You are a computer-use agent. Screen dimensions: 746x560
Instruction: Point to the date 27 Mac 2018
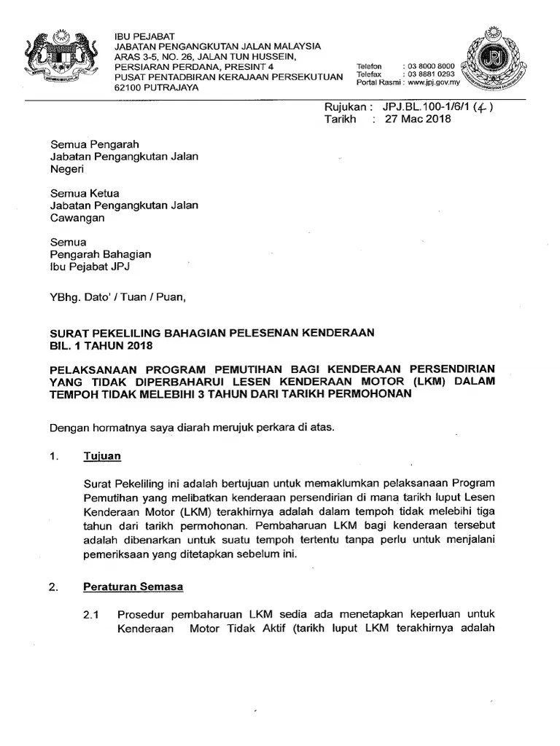pos(418,119)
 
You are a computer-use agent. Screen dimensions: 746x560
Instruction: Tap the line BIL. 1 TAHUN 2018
pos(98,345)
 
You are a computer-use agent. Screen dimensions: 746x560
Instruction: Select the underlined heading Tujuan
pos(102,456)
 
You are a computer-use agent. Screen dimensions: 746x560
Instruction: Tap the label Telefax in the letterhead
pos(369,74)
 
